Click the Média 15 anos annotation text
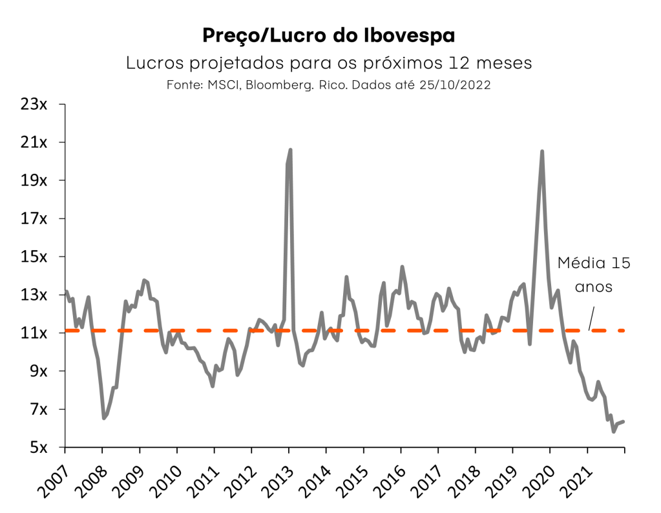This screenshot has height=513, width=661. click(593, 275)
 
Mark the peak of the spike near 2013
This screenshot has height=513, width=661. click(290, 150)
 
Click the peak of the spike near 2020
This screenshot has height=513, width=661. click(541, 152)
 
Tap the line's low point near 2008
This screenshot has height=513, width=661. click(103, 418)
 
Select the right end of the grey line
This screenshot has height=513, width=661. click(624, 421)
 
